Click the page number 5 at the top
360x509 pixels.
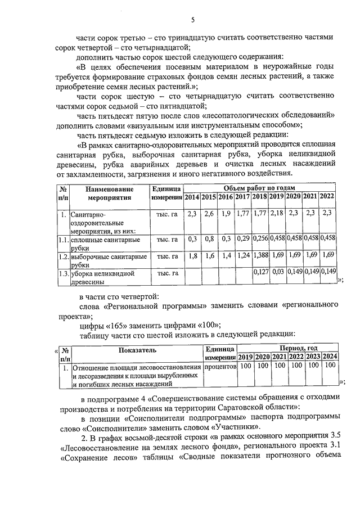click(192, 20)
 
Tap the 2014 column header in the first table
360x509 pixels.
click(192, 197)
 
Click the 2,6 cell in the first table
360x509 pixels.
click(209, 214)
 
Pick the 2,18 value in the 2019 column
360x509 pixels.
click(276, 214)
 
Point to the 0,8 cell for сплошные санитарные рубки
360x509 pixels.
click(209, 239)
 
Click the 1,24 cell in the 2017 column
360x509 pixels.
click(242, 256)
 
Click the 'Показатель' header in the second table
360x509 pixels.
click(137, 350)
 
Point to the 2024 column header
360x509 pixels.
click(330, 357)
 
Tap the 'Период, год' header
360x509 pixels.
click(296, 349)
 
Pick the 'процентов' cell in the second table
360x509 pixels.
click(219, 366)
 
